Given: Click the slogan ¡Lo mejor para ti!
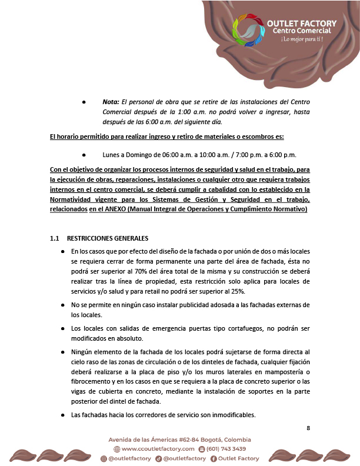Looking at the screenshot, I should [302, 39].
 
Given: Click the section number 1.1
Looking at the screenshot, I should [55, 238].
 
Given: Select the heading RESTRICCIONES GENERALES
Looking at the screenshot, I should [108, 238].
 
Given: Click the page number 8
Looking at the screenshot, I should [308, 428].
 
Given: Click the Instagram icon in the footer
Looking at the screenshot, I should [104, 458].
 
